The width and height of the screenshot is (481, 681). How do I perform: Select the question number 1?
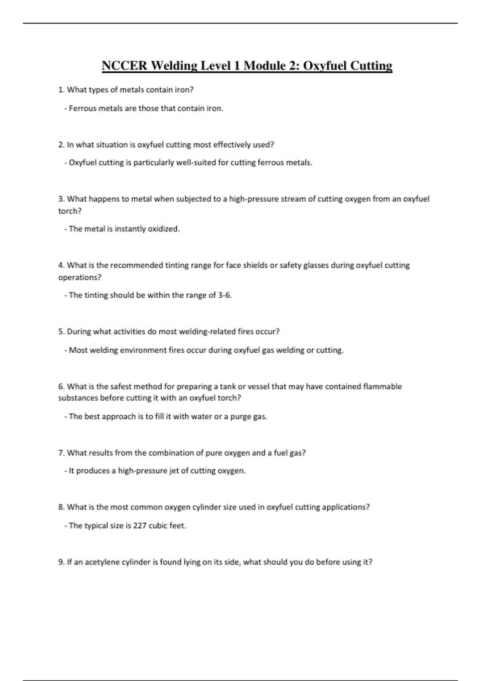[61, 90]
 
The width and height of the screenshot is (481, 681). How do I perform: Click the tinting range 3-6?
[224, 295]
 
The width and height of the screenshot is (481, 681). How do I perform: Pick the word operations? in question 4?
[80, 277]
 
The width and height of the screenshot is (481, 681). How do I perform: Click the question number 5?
[61, 332]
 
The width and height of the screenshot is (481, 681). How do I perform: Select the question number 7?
[61, 453]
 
